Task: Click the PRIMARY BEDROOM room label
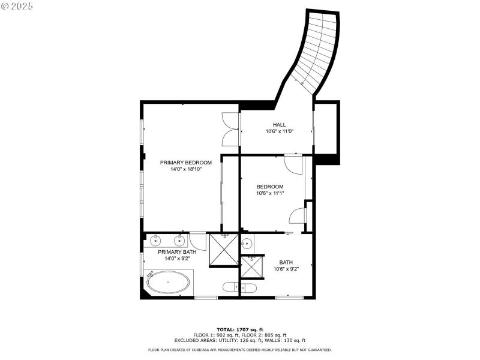coord(185,163)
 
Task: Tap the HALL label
coord(279,125)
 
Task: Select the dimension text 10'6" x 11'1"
coord(270,193)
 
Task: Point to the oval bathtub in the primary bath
coord(170,281)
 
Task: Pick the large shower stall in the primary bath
coord(224,250)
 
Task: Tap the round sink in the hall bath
coord(247,243)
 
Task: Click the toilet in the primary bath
coord(229,288)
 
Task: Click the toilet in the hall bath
coord(248,288)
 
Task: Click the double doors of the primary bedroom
coord(230,129)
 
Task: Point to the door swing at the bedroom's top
coord(293,163)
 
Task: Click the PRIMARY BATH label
coord(177,252)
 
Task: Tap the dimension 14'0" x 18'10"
coord(185,169)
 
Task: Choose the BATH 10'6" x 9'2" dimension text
coord(286,269)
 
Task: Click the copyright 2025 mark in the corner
coord(17,5)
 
